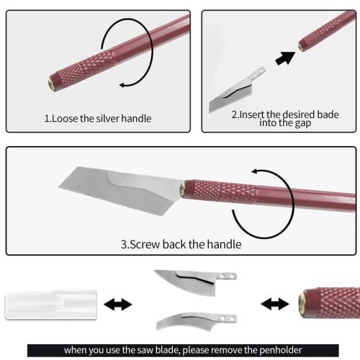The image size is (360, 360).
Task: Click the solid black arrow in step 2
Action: click(286, 56)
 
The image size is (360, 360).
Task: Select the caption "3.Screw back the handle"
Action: click(181, 244)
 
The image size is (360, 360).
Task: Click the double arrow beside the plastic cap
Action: click(118, 305)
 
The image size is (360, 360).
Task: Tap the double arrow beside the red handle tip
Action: click(274, 305)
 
